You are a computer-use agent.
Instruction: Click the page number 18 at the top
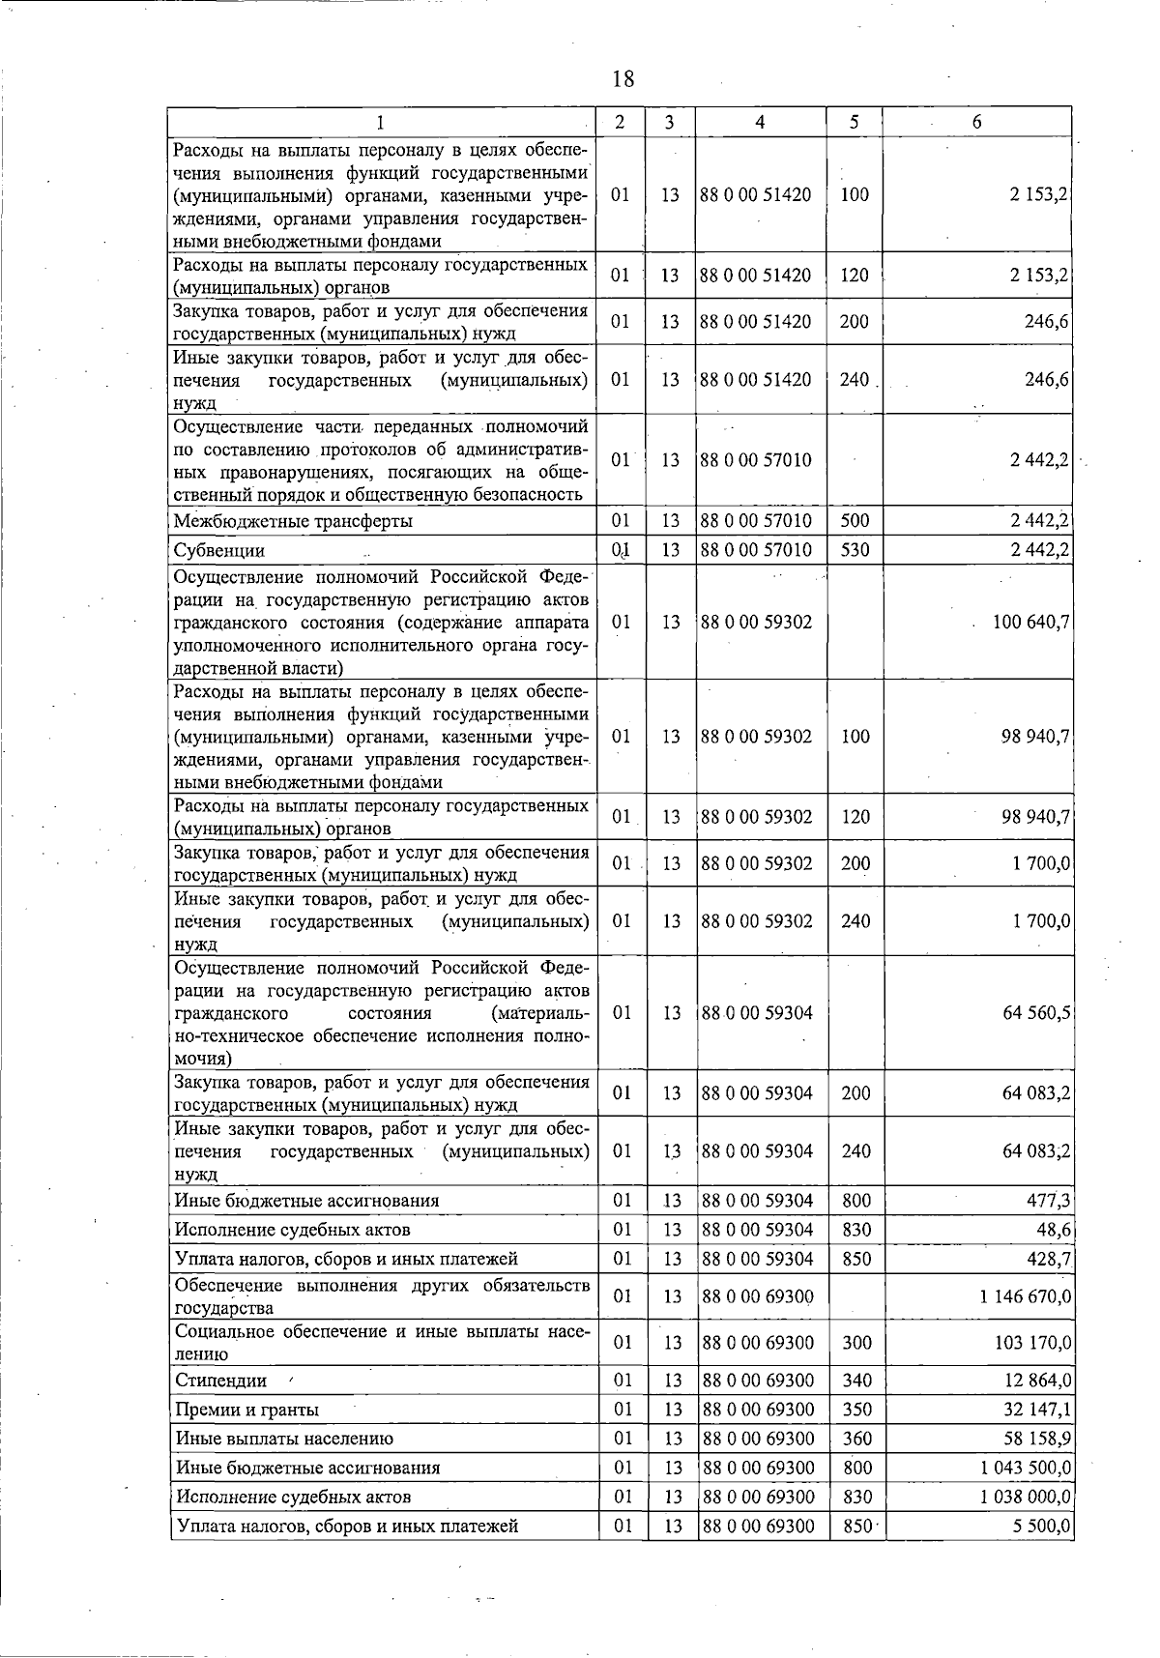(x=623, y=78)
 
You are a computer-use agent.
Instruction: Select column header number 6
(x=977, y=122)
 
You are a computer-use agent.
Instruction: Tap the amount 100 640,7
(x=1030, y=622)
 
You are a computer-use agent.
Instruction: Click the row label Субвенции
(x=218, y=551)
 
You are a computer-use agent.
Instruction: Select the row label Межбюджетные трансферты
(x=293, y=522)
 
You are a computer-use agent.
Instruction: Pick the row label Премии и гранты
(x=247, y=1410)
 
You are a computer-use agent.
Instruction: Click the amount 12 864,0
(x=1037, y=1381)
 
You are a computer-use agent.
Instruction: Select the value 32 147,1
(x=1037, y=1410)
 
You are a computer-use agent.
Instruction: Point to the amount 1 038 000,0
(x=1025, y=1497)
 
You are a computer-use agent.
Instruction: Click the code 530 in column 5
(x=855, y=551)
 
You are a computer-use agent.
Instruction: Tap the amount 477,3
(x=1048, y=1201)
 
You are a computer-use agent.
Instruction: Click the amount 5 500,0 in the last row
(x=1042, y=1526)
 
